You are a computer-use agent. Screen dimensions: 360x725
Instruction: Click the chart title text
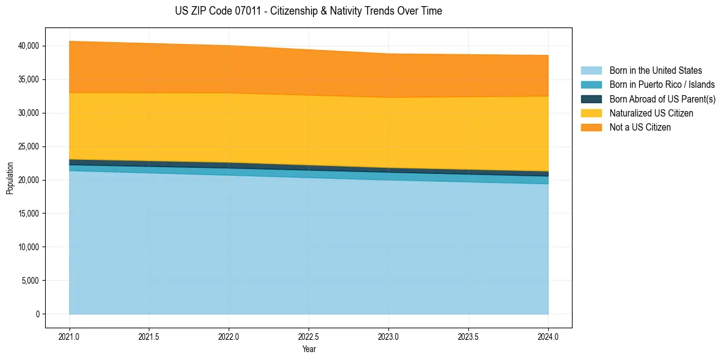(308, 11)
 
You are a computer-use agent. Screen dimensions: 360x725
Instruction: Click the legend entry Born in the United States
(655, 71)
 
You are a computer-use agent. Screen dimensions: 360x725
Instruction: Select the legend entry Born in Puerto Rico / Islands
(662, 85)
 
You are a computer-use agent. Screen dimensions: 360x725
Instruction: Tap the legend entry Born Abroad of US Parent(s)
(662, 99)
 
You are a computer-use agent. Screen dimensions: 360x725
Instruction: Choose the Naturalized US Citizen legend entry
(651, 113)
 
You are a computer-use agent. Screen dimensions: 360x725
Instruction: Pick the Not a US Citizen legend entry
(640, 127)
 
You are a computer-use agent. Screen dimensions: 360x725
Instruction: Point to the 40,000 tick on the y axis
(29, 46)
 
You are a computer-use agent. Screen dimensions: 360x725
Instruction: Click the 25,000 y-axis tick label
(29, 146)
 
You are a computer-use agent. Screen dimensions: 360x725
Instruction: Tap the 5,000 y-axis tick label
(30, 281)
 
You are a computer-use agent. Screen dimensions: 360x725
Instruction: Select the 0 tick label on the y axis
(37, 314)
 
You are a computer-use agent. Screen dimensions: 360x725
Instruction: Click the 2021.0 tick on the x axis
(70, 336)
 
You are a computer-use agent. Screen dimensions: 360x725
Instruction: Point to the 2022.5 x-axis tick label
(309, 336)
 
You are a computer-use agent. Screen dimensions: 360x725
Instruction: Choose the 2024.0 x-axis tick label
(548, 336)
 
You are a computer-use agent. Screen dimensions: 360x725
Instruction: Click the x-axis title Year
(309, 349)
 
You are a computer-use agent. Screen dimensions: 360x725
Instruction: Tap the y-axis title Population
(10, 178)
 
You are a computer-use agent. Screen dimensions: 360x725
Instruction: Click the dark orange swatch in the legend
(591, 127)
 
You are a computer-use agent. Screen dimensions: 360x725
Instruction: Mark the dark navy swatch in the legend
(591, 99)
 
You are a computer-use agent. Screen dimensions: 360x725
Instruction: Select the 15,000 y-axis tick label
(29, 214)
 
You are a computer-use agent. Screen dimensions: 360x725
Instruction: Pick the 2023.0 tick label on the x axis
(389, 336)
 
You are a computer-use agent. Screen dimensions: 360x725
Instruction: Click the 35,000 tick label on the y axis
(29, 79)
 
